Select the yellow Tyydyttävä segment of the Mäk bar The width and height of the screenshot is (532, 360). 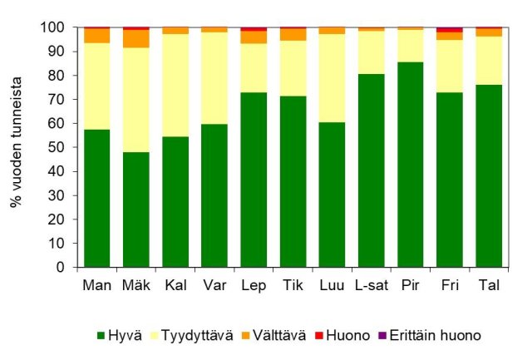pyautogui.click(x=136, y=100)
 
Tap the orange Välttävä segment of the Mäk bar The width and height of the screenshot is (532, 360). pyautogui.click(x=136, y=38)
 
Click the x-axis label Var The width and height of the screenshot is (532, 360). pyautogui.click(x=214, y=285)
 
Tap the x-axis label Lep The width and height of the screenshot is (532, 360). pyautogui.click(x=254, y=285)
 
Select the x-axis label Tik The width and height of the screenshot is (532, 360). pyautogui.click(x=293, y=285)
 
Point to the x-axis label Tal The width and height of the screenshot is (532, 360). pyautogui.click(x=489, y=285)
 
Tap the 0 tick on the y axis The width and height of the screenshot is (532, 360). pyautogui.click(x=65, y=268)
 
